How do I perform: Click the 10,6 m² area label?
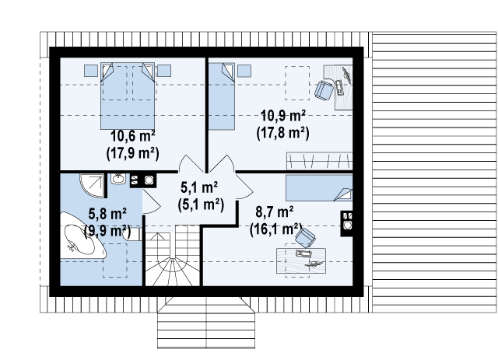tap(133, 137)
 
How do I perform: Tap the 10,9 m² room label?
tap(283, 116)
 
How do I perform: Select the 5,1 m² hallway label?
tap(199, 187)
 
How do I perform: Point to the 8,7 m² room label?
tap(275, 212)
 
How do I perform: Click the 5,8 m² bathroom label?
tap(107, 214)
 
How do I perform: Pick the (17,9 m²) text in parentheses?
tap(133, 153)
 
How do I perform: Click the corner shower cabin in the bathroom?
tap(92, 185)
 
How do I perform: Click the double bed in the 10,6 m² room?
tap(128, 96)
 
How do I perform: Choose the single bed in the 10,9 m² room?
tap(221, 96)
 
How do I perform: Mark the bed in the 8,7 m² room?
tap(319, 187)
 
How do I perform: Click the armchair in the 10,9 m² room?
tap(324, 90)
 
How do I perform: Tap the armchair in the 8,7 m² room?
tap(305, 238)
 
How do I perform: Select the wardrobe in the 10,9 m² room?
tap(320, 161)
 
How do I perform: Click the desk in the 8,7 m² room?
tap(301, 260)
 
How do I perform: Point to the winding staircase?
tap(173, 256)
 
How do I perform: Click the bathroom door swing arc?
tap(152, 201)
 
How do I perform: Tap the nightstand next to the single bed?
tap(244, 71)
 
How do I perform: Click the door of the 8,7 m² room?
tap(244, 187)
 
